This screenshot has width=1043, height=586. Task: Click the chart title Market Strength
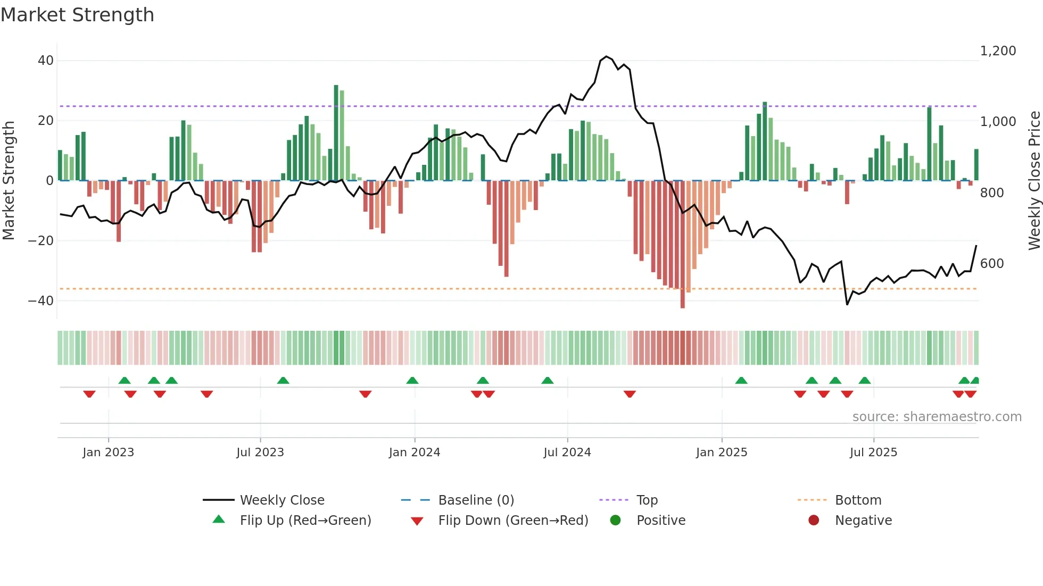click(x=77, y=15)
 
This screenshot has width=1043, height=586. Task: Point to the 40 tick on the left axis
click(x=46, y=61)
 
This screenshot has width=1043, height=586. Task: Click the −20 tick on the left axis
click(x=41, y=241)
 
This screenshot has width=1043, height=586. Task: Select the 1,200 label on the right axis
click(x=998, y=51)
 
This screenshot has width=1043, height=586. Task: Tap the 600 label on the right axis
click(x=992, y=264)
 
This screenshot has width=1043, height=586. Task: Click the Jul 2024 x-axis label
click(x=567, y=453)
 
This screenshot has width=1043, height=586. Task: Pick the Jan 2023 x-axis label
click(x=108, y=453)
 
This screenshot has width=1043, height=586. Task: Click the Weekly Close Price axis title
click(x=1034, y=181)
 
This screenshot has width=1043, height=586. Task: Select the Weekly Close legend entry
click(x=282, y=500)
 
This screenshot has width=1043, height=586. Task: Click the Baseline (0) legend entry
click(x=476, y=500)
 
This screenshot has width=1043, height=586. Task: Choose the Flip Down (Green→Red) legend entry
click(x=512, y=521)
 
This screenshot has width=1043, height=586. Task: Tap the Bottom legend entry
click(x=858, y=500)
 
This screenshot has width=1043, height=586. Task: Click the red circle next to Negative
click(x=814, y=521)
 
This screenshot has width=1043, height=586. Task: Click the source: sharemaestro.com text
click(x=937, y=417)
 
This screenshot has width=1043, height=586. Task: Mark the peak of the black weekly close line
click(x=607, y=56)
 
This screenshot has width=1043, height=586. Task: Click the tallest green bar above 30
click(x=336, y=133)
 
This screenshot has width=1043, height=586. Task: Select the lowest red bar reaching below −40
click(x=683, y=245)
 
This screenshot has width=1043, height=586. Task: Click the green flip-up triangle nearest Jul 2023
click(x=283, y=380)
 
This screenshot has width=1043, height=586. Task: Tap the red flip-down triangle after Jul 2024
click(x=630, y=394)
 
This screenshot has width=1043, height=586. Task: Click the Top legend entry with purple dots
click(x=647, y=500)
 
